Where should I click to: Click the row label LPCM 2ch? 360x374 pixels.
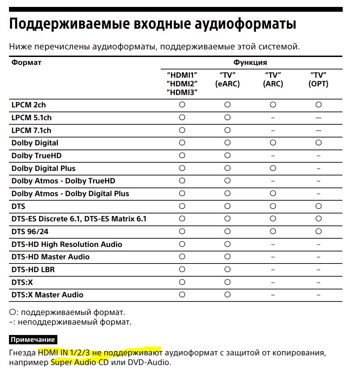[28, 105]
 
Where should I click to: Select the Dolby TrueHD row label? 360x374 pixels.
[36, 155]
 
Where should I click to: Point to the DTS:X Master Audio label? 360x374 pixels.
[47, 295]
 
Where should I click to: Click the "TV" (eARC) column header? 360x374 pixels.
[227, 79]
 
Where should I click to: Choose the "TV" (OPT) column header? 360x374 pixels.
[318, 79]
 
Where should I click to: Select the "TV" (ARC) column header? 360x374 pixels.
[273, 79]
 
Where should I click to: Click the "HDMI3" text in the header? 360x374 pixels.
[182, 92]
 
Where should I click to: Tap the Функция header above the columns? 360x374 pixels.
[250, 63]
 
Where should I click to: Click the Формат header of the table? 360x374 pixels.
[26, 63]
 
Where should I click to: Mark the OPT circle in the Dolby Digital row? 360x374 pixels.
[318, 143]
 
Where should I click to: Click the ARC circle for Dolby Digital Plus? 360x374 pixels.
[273, 168]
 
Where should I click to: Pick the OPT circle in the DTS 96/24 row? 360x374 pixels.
[318, 231]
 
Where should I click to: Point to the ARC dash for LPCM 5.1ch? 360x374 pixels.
[273, 118]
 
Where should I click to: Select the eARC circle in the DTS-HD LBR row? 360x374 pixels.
[227, 269]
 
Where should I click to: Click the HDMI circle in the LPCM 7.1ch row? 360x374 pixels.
[182, 130]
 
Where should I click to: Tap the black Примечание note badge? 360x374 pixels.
[32, 339]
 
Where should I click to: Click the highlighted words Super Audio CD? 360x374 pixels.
[79, 363]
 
